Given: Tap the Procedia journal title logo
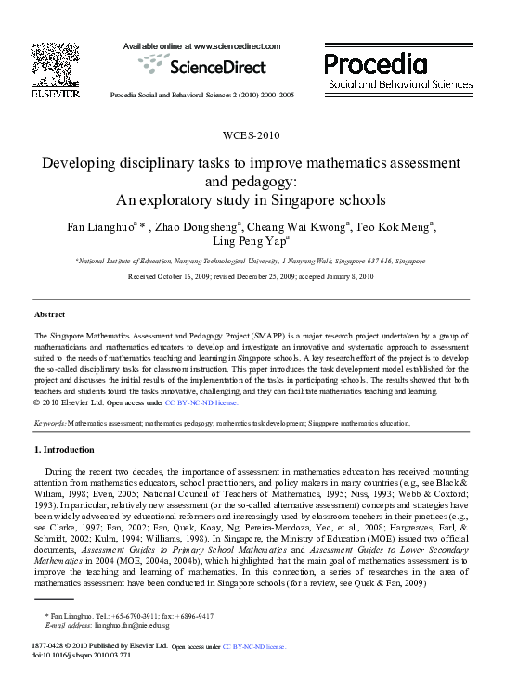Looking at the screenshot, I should pyautogui.click(x=376, y=64).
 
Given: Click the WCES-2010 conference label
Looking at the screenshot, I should pyautogui.click(x=252, y=135).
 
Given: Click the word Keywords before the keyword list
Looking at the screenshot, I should pyautogui.click(x=49, y=423).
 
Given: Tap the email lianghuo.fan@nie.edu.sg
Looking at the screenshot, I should pyautogui.click(x=127, y=625).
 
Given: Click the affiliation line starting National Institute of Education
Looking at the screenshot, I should pyautogui.click(x=251, y=262).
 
